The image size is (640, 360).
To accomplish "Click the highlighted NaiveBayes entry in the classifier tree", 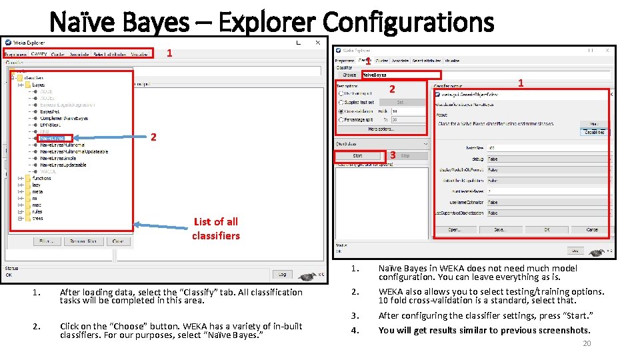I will [x=52, y=138].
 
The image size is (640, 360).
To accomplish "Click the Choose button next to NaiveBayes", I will [x=349, y=75].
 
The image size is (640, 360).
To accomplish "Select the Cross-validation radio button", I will [x=341, y=111].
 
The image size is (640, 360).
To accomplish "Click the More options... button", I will [x=381, y=129].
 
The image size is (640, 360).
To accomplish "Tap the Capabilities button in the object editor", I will [x=595, y=132].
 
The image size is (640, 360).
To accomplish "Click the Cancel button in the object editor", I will [x=591, y=229].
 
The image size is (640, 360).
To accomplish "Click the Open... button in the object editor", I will [x=454, y=229].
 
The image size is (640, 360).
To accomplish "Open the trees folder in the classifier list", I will [x=37, y=218].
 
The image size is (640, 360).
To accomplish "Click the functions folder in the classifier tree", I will [x=41, y=178].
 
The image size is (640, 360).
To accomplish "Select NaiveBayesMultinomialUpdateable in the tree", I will [x=73, y=151].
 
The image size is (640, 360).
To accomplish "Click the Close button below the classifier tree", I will [x=117, y=241].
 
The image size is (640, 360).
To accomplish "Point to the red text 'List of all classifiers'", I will [x=215, y=228].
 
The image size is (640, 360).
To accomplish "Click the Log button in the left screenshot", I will [x=282, y=274].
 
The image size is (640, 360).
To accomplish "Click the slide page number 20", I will [x=587, y=343].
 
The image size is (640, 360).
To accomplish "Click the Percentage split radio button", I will [x=341, y=120].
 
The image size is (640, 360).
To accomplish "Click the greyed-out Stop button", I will [x=405, y=156].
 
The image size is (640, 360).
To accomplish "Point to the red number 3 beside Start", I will [x=393, y=155].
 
